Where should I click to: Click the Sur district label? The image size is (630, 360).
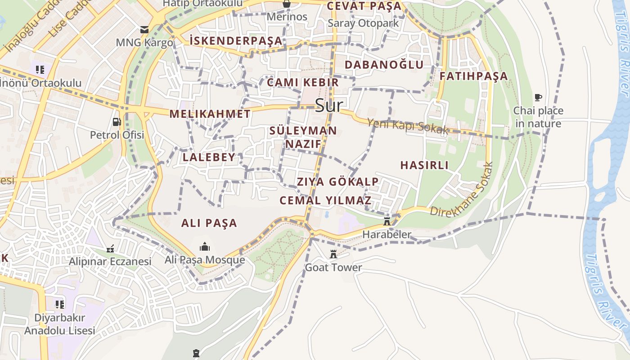(x=329, y=105)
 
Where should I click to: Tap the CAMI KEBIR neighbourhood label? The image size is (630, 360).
(x=302, y=82)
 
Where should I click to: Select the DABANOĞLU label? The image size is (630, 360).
(x=384, y=65)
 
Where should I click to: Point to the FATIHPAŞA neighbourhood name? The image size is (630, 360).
(x=473, y=76)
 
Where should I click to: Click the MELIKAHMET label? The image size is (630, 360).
(x=210, y=114)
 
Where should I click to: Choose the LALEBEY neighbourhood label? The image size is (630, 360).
(x=209, y=157)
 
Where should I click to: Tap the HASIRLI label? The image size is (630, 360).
(x=424, y=165)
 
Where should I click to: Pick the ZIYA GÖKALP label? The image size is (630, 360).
(x=337, y=182)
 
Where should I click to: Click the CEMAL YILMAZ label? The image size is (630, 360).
(x=325, y=200)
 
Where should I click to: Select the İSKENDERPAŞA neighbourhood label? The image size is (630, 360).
(x=236, y=41)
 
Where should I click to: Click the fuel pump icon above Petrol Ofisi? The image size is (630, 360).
(x=117, y=121)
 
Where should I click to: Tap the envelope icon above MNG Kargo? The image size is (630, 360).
(x=144, y=30)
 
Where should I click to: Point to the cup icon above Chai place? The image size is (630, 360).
(x=538, y=97)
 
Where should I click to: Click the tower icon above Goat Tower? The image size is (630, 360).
(x=333, y=254)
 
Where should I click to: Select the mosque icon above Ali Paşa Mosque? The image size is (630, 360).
(x=205, y=247)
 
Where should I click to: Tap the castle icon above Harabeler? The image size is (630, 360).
(x=387, y=221)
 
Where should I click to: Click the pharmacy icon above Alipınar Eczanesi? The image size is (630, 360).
(x=110, y=248)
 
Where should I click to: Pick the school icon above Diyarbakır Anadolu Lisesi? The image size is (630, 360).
(x=59, y=305)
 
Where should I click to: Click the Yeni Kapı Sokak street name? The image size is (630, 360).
(x=408, y=126)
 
